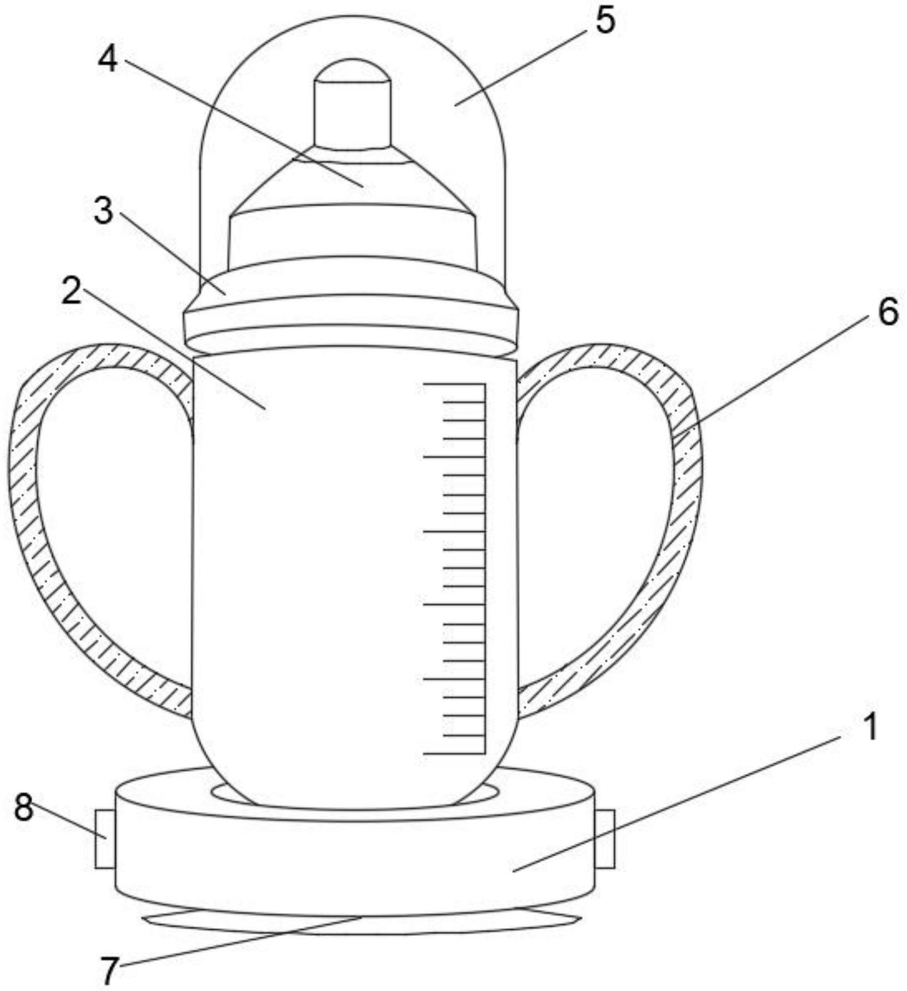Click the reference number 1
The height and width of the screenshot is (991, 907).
(870, 727)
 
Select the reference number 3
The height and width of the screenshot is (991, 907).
(103, 211)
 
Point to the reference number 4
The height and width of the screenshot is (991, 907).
(108, 60)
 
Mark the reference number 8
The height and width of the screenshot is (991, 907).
(23, 807)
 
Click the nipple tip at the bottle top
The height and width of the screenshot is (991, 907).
(353, 104)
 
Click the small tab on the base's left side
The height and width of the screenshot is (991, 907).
(105, 839)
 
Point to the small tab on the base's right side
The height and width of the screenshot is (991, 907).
(605, 839)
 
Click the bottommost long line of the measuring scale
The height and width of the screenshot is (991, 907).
(454, 753)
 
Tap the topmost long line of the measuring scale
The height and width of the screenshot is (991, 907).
(454, 383)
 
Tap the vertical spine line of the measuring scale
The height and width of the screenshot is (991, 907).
(485, 568)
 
